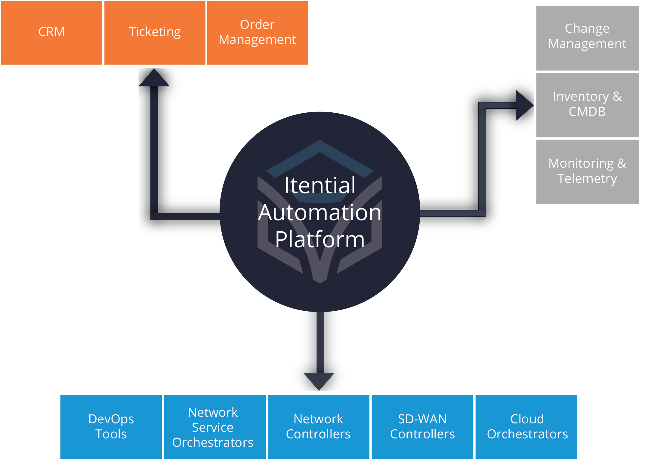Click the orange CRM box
51,33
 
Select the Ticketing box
155,33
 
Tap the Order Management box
258,33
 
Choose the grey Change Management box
587,38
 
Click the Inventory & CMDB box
587,105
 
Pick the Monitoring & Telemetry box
587,172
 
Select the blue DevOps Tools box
111,427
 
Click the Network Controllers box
318,427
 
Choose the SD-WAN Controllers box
422,427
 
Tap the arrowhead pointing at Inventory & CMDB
523,105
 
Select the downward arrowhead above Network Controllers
319,380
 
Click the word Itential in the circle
320,185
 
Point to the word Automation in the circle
320,213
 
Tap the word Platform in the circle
320,239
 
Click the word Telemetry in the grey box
587,179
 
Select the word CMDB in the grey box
587,112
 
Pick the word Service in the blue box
213,428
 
